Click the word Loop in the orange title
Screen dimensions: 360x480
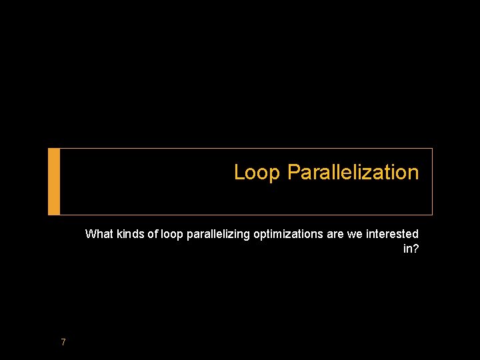pos(258,173)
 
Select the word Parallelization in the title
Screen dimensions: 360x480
pos(353,173)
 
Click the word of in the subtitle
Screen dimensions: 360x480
pos(153,234)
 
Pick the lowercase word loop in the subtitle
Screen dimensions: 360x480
pos(171,234)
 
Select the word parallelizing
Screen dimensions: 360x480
pos(214,234)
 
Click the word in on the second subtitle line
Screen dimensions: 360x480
pos(407,249)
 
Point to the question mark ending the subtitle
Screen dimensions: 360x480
pos(415,249)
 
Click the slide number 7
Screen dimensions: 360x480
pos(63,342)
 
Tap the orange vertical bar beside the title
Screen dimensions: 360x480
pos(54,181)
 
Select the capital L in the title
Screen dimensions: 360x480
pos(239,173)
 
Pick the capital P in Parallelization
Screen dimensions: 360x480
pos(293,173)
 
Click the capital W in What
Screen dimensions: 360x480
pos(91,234)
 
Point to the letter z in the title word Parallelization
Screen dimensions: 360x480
pos(369,173)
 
